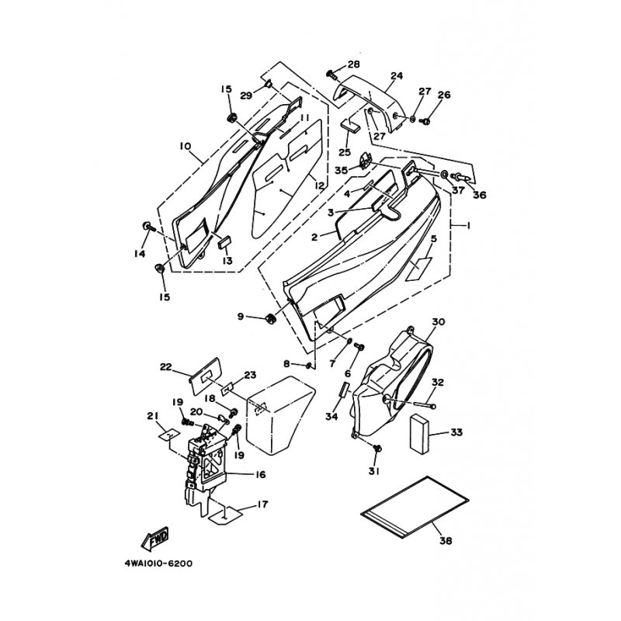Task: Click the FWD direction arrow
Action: click(x=155, y=539)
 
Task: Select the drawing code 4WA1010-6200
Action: click(x=158, y=564)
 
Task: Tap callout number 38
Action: click(x=446, y=540)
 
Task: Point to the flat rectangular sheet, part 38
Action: click(x=415, y=507)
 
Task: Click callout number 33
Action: click(x=456, y=432)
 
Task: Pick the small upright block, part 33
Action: click(x=419, y=434)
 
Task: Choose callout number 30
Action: click(x=438, y=321)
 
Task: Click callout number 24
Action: click(x=397, y=75)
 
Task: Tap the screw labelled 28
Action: click(x=331, y=74)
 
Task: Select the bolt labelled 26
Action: click(x=425, y=121)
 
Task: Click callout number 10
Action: click(x=185, y=146)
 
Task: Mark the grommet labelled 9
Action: click(x=270, y=317)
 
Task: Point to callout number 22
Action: click(x=165, y=367)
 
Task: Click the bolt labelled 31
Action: click(x=377, y=448)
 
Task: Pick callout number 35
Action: click(x=341, y=170)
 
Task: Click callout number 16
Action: click(x=260, y=474)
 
